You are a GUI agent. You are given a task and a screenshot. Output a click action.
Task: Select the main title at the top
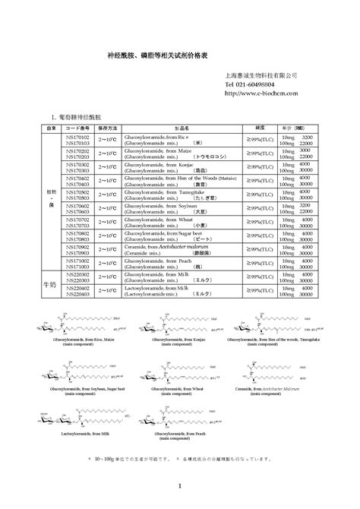[179, 57]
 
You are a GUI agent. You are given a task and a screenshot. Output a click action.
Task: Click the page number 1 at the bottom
[180, 486]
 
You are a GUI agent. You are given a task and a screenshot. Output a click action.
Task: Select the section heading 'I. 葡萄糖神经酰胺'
[75, 119]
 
